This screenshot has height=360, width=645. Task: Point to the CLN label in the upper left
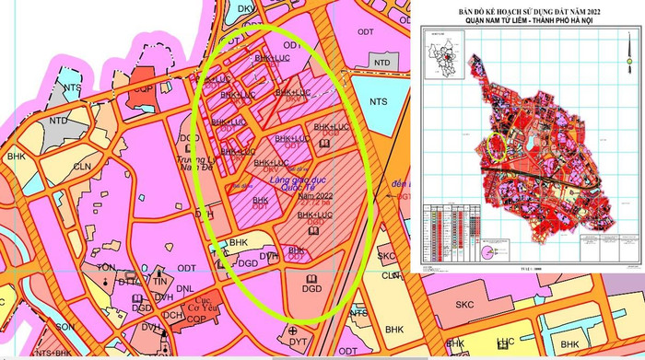pyautogui.click(x=83, y=167)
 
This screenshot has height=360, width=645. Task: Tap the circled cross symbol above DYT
pyautogui.click(x=294, y=330)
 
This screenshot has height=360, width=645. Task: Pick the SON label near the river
pyautogui.click(x=65, y=327)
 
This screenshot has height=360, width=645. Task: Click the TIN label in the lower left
pyautogui.click(x=160, y=281)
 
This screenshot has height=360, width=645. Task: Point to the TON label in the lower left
pyautogui.click(x=107, y=268)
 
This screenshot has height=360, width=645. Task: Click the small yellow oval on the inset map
pyautogui.click(x=496, y=148)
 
